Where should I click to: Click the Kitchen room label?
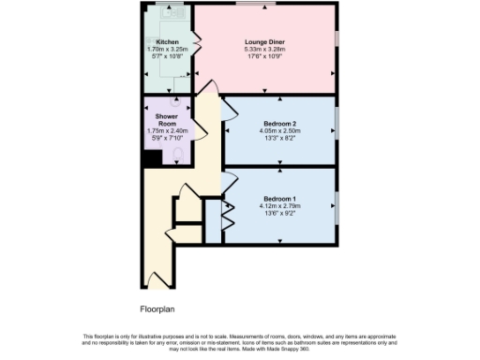click(x=168, y=43)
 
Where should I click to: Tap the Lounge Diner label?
click(x=264, y=42)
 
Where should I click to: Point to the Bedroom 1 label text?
click(x=279, y=198)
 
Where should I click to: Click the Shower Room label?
click(x=167, y=120)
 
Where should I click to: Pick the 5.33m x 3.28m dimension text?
click(x=264, y=50)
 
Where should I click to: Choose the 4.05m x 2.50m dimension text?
click(x=279, y=132)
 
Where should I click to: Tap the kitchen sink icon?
click(x=168, y=14)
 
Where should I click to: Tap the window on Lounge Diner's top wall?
click(x=248, y=6)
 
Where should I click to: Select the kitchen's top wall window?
click(x=170, y=6)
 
